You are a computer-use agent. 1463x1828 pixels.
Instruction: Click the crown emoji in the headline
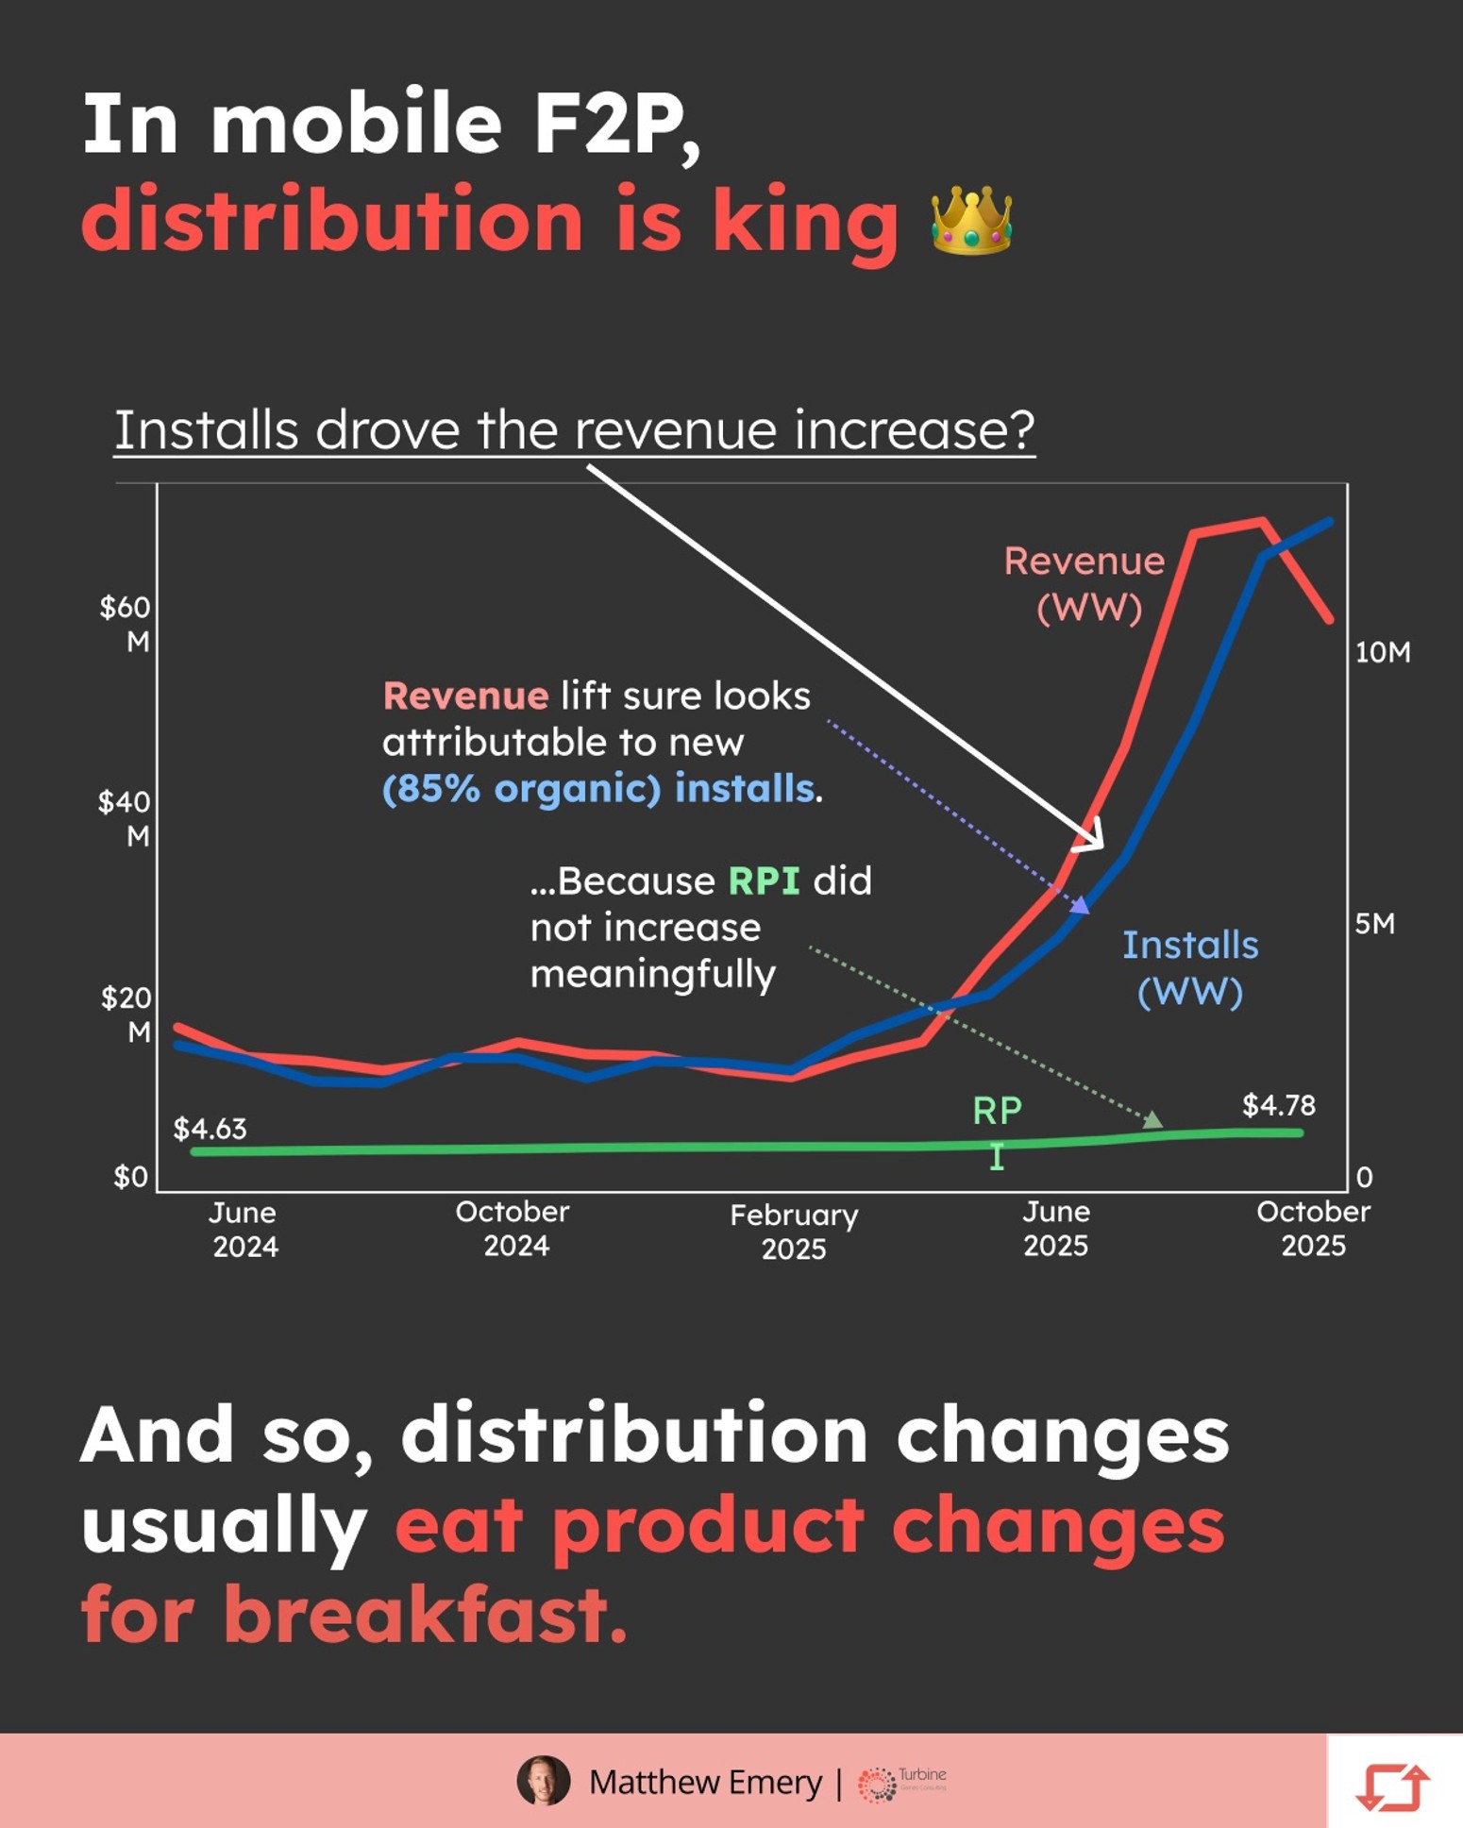[971, 220]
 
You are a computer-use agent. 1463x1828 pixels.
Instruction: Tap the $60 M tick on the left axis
[126, 624]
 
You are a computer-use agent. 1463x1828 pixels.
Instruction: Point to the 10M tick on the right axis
[1383, 652]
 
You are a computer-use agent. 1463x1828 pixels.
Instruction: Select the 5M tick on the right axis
[1374, 924]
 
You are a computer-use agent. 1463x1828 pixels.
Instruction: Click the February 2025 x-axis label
[794, 1232]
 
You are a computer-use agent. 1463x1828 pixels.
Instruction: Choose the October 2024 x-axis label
[513, 1229]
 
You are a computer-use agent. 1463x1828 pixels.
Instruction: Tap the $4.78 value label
[1278, 1105]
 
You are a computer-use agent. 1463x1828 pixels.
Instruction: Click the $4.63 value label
[210, 1129]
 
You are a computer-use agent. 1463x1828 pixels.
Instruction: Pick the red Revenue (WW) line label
[1085, 584]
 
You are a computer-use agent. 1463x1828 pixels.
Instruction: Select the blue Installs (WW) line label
[1190, 968]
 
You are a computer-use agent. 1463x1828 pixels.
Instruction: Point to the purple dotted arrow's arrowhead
[1080, 905]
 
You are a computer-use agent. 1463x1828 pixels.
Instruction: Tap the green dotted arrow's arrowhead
[1152, 1119]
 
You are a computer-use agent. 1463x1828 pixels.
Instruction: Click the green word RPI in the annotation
[764, 880]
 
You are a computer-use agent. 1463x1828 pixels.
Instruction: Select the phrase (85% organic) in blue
[522, 789]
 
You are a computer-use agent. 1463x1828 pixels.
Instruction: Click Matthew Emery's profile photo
[544, 1781]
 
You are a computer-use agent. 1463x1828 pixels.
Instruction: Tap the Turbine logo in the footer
[901, 1782]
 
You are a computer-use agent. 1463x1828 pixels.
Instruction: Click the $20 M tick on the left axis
[126, 1014]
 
